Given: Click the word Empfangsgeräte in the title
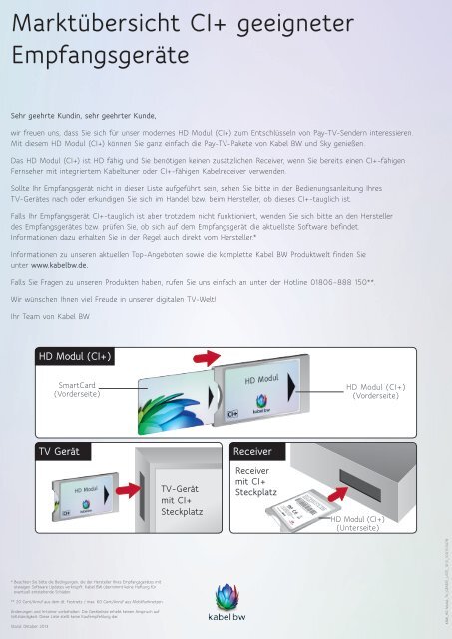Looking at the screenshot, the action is pyautogui.click(x=91, y=51).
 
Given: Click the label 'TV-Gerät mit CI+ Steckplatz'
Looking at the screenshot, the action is pyautogui.click(x=183, y=498).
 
